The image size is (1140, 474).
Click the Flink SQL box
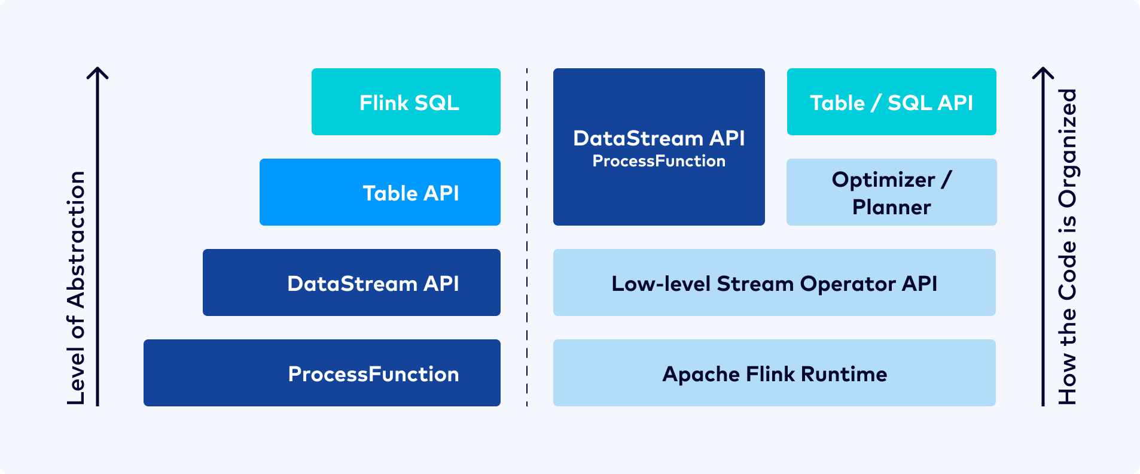[x=406, y=102]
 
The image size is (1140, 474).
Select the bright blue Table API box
[x=380, y=192]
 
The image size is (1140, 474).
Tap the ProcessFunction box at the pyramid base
[x=322, y=373]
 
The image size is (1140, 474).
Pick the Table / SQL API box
[x=892, y=102]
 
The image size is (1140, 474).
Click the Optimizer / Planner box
[x=892, y=192]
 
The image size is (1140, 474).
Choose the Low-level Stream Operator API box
[x=775, y=282]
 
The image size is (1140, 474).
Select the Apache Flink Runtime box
[x=775, y=373]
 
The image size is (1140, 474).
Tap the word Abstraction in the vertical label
[x=77, y=240]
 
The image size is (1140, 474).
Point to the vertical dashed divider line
[x=527, y=237]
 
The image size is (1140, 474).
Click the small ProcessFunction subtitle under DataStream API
[x=659, y=161]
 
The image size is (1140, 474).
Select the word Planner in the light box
[x=892, y=207]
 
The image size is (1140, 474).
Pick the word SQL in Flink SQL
[x=437, y=103]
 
